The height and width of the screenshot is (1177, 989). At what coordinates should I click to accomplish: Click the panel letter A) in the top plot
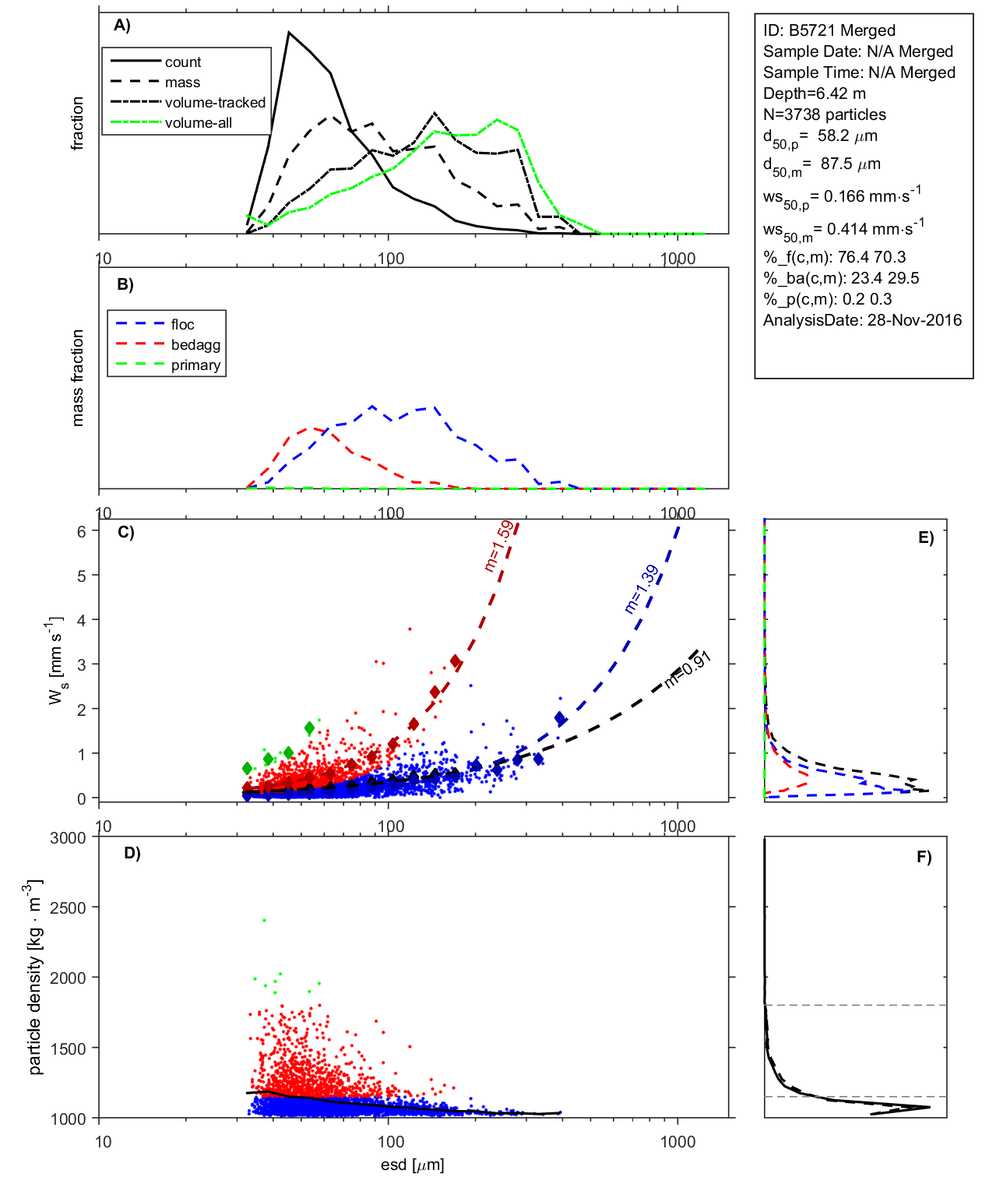(122, 25)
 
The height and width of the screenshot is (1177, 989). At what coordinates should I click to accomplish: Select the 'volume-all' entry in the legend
(198, 123)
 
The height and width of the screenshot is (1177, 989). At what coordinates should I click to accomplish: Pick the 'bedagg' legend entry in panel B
(195, 345)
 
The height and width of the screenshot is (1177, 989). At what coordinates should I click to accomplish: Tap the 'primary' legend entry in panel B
(195, 365)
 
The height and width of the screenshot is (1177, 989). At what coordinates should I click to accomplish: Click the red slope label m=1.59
(498, 546)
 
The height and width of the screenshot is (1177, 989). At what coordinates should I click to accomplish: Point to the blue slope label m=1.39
(642, 590)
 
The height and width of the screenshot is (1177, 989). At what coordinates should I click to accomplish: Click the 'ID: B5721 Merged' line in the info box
(829, 30)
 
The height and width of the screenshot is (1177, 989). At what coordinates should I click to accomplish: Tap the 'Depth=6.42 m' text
(814, 93)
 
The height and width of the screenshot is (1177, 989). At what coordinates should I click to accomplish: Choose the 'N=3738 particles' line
(824, 115)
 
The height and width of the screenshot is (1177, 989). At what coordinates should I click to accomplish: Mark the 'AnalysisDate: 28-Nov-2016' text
(862, 320)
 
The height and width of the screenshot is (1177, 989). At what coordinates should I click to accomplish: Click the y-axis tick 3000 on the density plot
(68, 838)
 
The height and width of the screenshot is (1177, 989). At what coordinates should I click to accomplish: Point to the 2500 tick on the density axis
(68, 907)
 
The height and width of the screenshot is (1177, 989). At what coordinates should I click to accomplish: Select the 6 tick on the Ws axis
(81, 531)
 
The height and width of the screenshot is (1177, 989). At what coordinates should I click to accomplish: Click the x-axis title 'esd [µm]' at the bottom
(412, 1165)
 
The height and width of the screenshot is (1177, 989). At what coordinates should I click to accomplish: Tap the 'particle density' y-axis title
(35, 978)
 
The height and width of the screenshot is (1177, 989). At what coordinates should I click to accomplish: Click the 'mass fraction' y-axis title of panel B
(77, 378)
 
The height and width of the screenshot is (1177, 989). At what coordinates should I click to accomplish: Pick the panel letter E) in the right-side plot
(925, 537)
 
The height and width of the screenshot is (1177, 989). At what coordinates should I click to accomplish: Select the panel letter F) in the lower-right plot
(924, 857)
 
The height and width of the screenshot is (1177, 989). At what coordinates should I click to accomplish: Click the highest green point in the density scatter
(264, 921)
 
